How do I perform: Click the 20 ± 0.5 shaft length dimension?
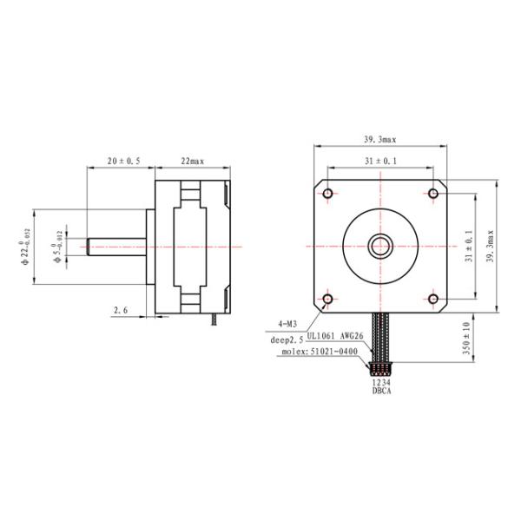click(122, 162)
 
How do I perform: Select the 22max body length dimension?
click(192, 162)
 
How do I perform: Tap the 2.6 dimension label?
click(121, 309)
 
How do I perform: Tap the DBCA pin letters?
click(380, 391)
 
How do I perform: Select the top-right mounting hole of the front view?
click(433, 193)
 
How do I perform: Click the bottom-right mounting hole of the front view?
click(433, 300)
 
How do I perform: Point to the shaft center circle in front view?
click(380, 246)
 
